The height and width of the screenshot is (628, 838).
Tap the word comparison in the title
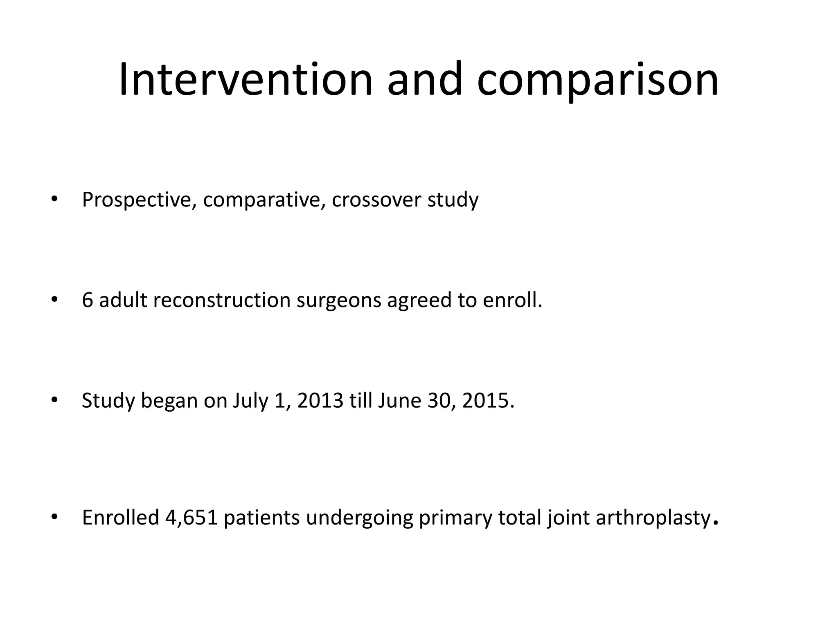coord(597,80)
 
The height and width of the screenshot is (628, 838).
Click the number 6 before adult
coord(88,300)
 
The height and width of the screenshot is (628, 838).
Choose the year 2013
coord(320,401)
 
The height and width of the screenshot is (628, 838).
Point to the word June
coord(399,401)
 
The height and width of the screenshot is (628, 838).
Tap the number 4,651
coord(191,518)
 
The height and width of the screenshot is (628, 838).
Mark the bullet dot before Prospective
coord(54,200)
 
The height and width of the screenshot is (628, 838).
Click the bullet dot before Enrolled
coord(54,517)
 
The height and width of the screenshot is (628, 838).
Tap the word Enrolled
coord(120,518)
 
